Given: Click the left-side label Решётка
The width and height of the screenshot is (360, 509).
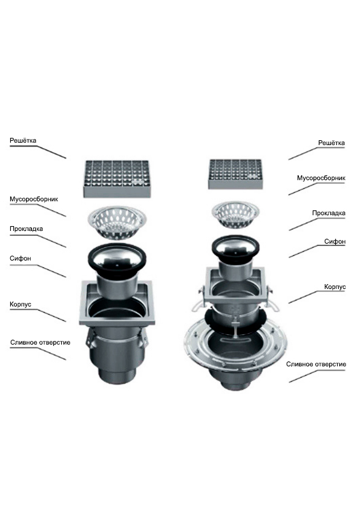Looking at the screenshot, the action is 23,141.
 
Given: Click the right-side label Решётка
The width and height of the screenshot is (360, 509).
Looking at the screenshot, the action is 332,143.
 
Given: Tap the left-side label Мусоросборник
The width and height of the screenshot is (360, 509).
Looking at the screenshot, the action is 34,199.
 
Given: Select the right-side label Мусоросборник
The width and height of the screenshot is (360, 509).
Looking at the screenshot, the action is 321,178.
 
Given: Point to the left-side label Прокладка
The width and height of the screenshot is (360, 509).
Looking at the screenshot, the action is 26,229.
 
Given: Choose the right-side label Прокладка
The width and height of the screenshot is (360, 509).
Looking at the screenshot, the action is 329,213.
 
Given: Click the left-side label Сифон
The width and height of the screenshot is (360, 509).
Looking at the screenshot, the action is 21,259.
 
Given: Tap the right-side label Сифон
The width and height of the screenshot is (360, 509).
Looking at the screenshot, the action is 335,242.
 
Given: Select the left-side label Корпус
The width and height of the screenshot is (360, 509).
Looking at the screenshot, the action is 21,305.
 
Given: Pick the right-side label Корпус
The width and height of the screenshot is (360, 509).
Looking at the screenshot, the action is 335,287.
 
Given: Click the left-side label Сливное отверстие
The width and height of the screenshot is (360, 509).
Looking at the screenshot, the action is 41,343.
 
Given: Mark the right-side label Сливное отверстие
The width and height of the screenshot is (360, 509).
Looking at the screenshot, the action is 316,365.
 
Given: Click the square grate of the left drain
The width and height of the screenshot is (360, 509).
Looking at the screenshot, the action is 117,178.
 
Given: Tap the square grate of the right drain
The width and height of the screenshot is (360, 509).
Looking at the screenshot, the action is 235,174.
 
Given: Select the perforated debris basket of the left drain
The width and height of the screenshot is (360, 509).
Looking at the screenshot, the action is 117,222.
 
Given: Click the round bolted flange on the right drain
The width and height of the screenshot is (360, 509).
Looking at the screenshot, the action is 235,345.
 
